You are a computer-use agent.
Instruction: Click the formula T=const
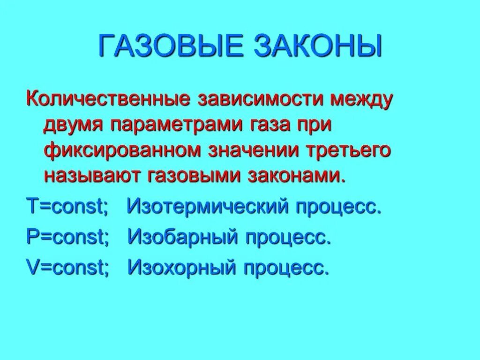point(67,207)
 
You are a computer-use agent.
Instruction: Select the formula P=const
point(67,238)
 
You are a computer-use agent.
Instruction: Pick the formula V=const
point(67,268)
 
